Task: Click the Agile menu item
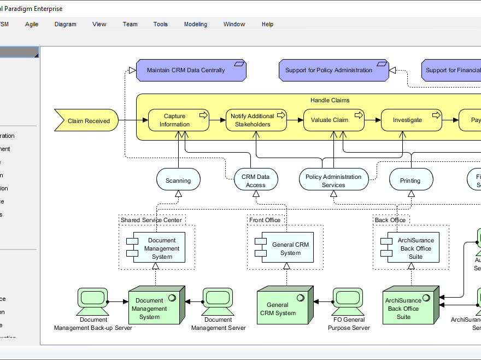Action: (32, 24)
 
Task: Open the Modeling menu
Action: (195, 24)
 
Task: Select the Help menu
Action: (267, 24)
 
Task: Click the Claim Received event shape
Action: (87, 121)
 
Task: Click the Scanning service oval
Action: (178, 180)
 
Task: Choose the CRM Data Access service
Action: (255, 181)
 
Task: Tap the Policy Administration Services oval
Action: (333, 181)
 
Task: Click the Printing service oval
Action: (410, 180)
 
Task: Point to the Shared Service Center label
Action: (151, 220)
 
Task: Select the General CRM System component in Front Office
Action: (285, 249)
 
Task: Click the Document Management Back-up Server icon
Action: (92, 300)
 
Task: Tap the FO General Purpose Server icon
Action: (348, 300)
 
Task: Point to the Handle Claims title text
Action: (330, 100)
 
